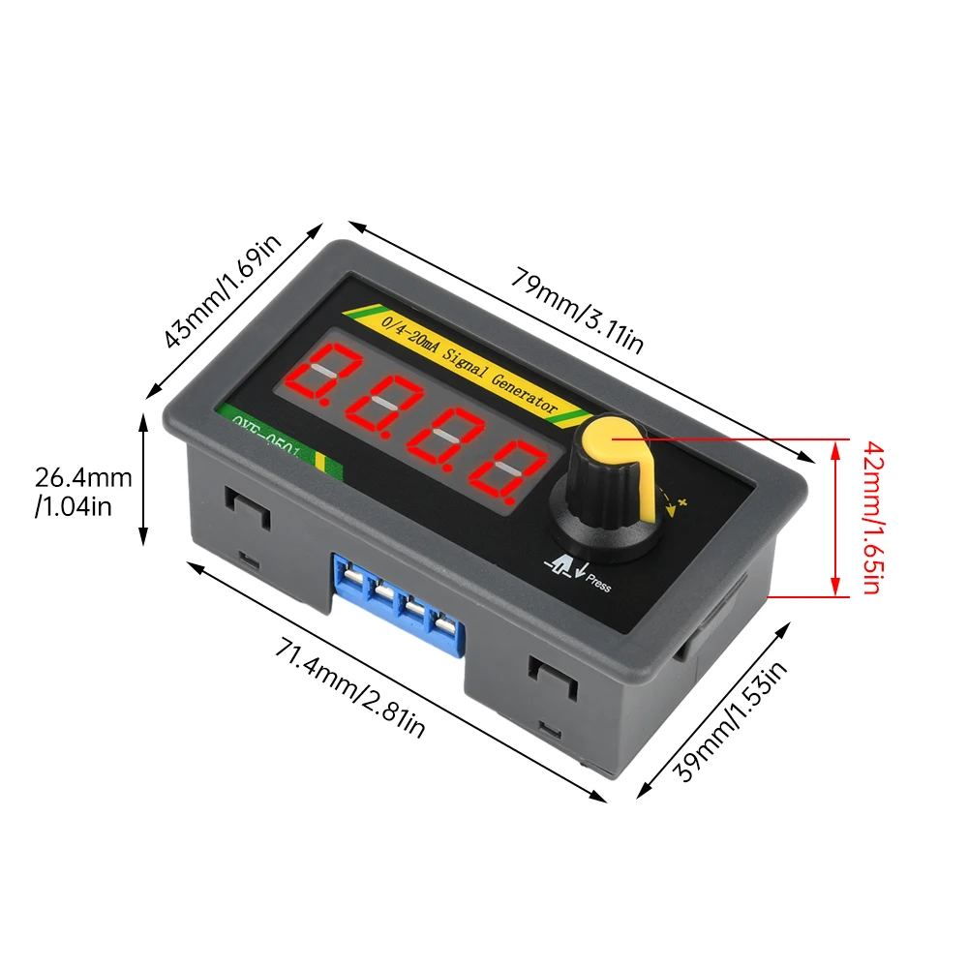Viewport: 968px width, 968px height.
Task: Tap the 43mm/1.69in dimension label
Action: (222, 289)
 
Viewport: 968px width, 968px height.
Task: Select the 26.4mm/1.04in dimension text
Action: (83, 491)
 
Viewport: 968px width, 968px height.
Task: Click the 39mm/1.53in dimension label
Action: (730, 720)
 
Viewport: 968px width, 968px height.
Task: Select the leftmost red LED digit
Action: (325, 378)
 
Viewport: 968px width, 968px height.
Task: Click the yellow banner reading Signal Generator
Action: (465, 363)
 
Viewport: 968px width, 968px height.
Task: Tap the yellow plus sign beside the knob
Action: (681, 500)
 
